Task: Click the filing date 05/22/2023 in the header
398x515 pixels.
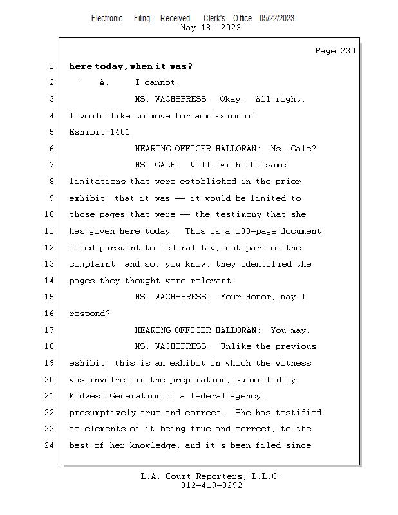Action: coord(277,19)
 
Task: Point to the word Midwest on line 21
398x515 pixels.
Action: coord(87,396)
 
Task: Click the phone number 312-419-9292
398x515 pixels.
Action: coord(211,485)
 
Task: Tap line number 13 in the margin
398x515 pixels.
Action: coord(50,264)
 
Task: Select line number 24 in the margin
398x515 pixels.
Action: coord(50,445)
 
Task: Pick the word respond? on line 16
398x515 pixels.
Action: coord(90,314)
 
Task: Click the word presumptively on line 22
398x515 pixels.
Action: coord(102,413)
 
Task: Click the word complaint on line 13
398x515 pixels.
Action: coord(92,265)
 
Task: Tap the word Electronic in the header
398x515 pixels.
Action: coord(107,19)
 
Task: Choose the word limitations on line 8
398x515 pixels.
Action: coord(97,182)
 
